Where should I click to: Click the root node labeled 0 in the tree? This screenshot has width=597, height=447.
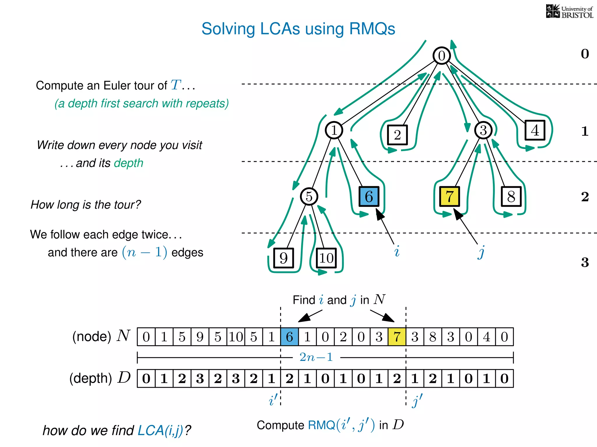[x=442, y=56]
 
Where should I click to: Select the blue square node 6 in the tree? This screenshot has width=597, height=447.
[x=369, y=196]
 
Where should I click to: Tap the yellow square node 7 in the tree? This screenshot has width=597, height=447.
[x=449, y=196]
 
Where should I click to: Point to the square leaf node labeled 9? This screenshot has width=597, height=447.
[x=284, y=258]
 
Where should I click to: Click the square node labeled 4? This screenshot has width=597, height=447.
[x=535, y=130]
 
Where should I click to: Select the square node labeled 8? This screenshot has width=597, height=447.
[x=511, y=196]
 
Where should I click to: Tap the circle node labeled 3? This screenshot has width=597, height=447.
[x=483, y=130]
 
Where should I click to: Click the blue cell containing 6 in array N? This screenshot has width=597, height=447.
[x=289, y=337]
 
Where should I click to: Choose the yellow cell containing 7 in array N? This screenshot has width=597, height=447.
[x=397, y=337]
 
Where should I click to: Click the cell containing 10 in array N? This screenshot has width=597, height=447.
[x=236, y=337]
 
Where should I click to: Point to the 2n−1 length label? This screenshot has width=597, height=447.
[x=316, y=357]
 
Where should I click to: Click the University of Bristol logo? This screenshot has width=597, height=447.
[x=569, y=12]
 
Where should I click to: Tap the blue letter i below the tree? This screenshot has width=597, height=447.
[x=397, y=251]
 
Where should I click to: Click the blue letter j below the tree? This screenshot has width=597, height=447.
[x=481, y=252]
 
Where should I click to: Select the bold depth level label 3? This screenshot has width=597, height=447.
[x=585, y=262]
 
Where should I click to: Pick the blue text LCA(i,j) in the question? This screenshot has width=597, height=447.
[x=160, y=430]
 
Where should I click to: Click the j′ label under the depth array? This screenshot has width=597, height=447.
[x=417, y=401]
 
